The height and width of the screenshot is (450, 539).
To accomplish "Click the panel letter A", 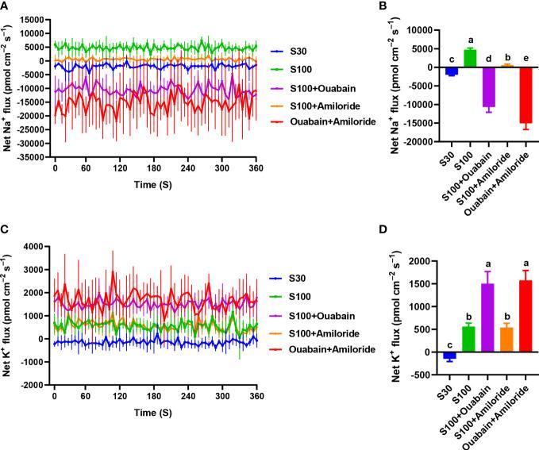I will click(6, 6).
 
